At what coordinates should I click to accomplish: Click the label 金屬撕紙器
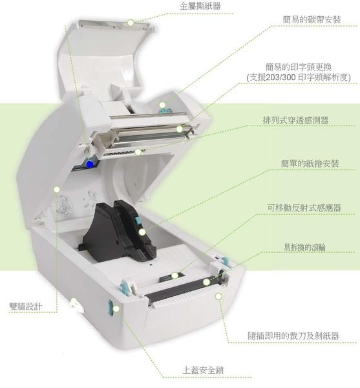click(x=200, y=6)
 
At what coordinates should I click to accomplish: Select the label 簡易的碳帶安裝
click(x=312, y=19)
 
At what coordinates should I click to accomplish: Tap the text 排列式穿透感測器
click(x=296, y=120)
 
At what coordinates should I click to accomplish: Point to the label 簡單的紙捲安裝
click(x=310, y=164)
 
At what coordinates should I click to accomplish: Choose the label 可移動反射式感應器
click(x=304, y=208)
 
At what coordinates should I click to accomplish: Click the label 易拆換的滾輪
click(x=304, y=247)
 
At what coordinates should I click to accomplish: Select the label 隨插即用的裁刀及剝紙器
click(x=293, y=336)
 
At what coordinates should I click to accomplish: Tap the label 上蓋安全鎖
click(x=203, y=371)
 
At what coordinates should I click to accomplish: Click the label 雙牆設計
click(x=26, y=307)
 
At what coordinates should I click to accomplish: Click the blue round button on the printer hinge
click(x=90, y=164)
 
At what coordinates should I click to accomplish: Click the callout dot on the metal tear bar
click(x=131, y=23)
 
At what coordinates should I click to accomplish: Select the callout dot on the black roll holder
click(x=142, y=232)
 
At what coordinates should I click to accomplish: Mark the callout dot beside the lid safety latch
click(x=116, y=309)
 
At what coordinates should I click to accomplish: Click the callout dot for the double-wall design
click(x=57, y=189)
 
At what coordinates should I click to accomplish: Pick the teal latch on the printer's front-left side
click(x=110, y=308)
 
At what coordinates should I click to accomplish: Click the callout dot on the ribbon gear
click(x=162, y=105)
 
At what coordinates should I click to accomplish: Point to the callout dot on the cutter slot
click(x=218, y=296)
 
